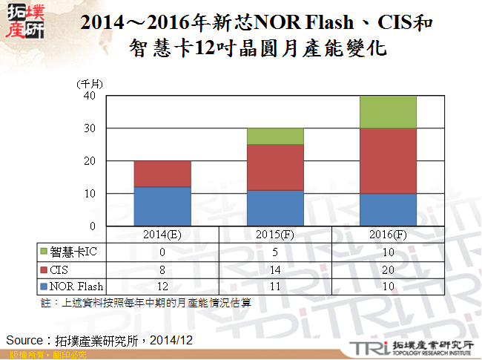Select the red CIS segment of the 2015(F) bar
[275, 167]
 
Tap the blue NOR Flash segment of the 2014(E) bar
[162, 206]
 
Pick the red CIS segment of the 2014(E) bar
[162, 174]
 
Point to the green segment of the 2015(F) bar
[275, 136]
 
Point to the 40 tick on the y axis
[90, 96]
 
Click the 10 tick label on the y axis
[90, 194]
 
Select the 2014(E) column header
[162, 235]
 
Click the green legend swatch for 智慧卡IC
[44, 252]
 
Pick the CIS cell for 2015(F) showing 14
[275, 269]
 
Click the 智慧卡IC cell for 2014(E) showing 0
[162, 252]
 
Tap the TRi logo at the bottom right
[368, 347]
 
